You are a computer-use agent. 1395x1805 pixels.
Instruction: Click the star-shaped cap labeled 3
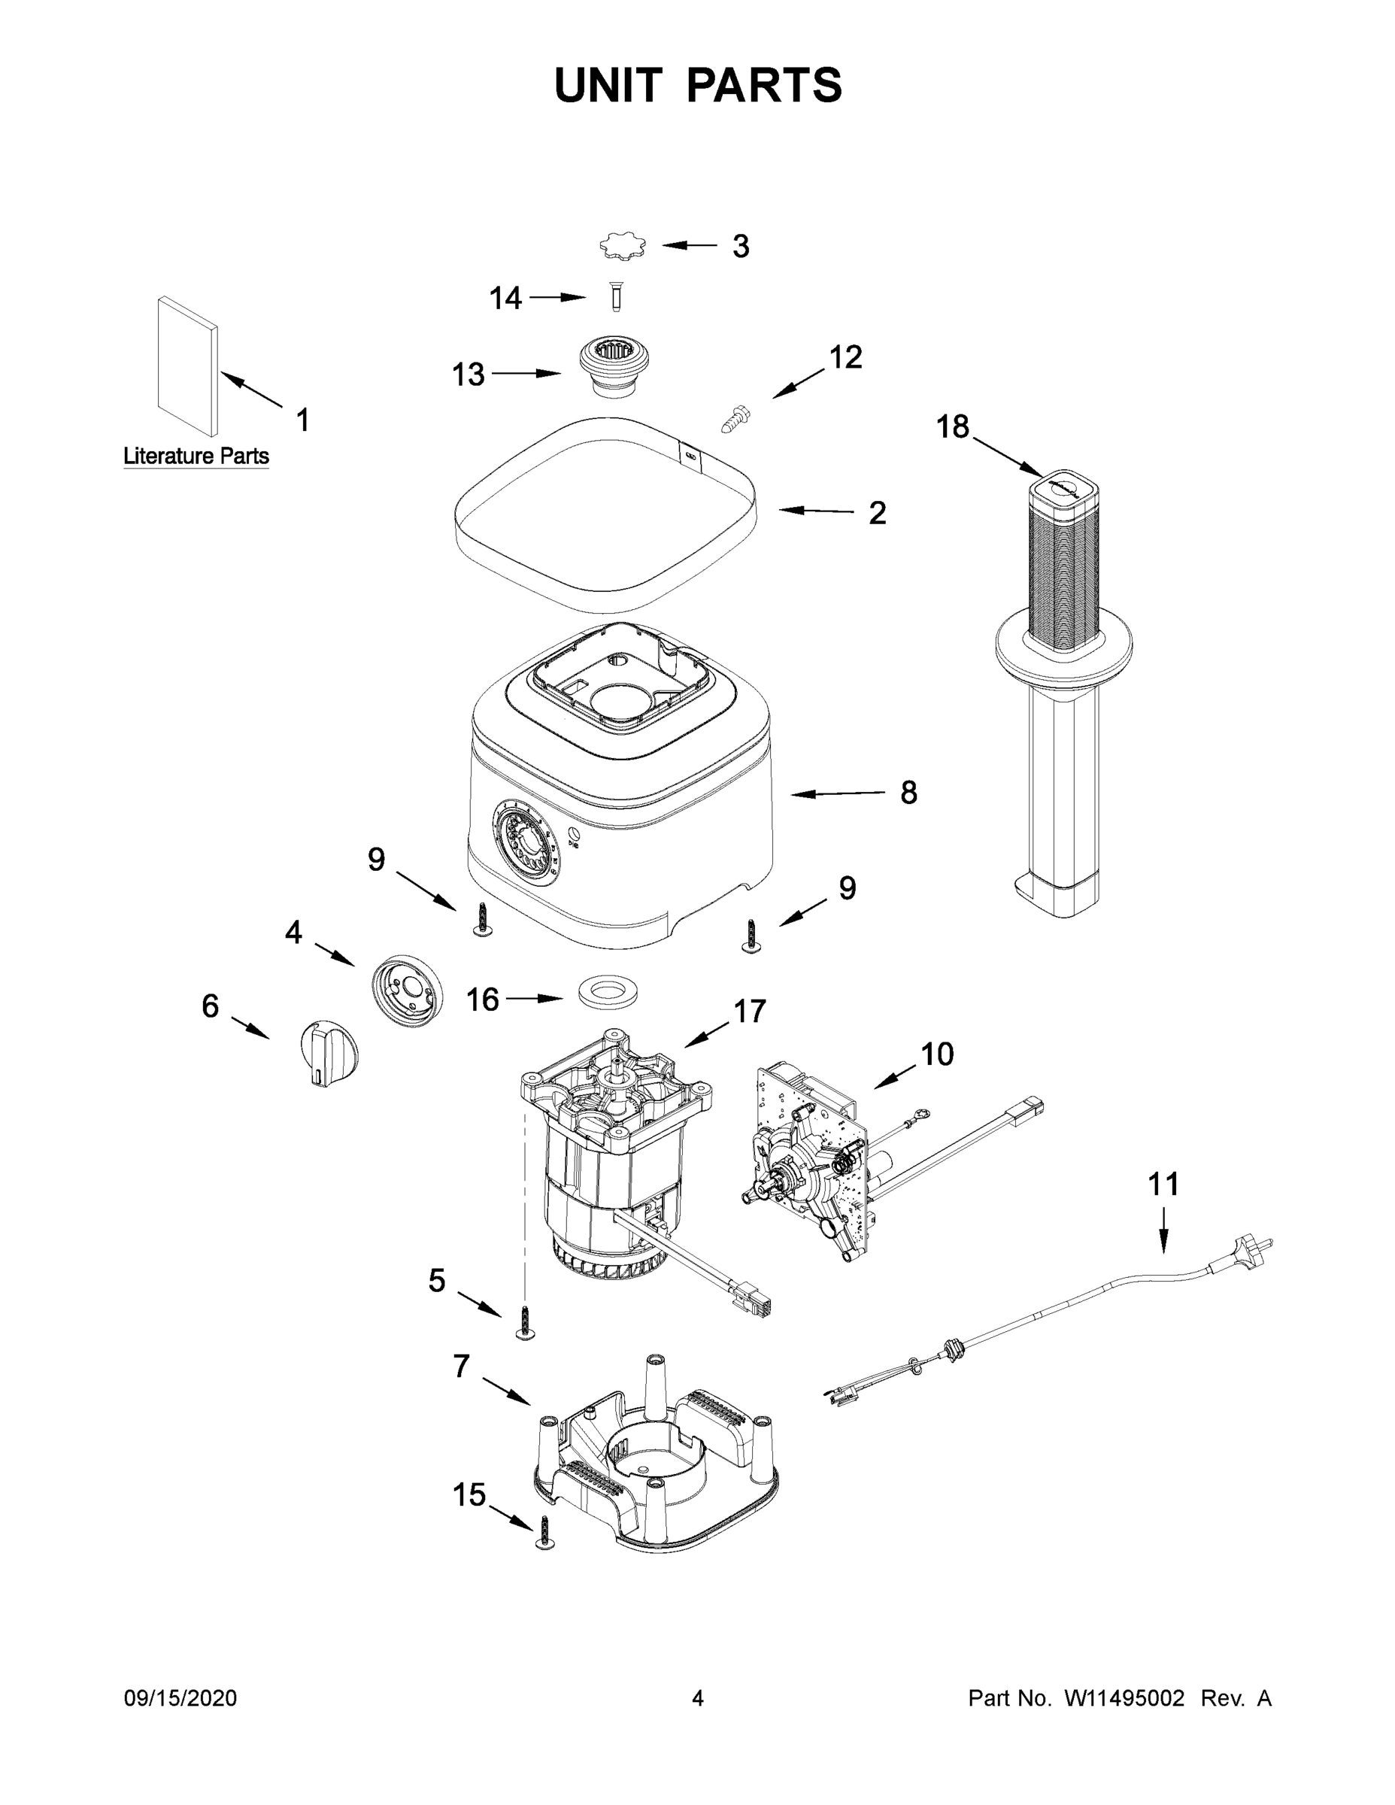622,246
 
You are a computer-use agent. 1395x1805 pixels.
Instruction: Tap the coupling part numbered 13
612,366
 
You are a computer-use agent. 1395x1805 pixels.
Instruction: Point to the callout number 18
952,427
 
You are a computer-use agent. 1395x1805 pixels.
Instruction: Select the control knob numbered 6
329,1052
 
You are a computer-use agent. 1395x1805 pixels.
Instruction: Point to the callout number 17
750,1011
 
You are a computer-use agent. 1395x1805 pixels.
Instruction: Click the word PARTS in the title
763,85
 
